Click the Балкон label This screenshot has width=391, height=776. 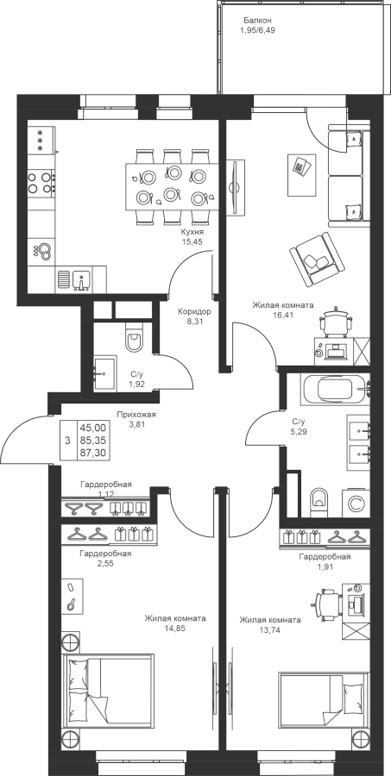258,21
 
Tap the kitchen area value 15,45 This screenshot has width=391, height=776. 192,241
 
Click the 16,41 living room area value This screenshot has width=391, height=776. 283,314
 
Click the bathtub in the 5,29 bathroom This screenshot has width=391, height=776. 336,389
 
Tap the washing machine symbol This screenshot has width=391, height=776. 356,504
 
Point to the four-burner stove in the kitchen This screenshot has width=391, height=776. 41,182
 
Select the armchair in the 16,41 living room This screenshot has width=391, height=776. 317,259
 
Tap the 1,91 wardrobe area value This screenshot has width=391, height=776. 325,566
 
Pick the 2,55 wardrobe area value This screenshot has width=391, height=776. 105,563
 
